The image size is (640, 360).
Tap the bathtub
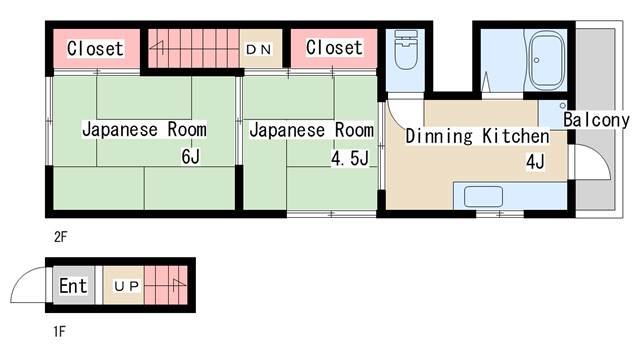point(546,60)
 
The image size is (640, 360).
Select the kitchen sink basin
point(483,196)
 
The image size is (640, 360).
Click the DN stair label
point(259,49)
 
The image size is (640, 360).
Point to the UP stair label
point(127,287)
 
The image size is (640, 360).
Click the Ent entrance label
point(73,285)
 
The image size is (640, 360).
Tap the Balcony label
point(596,120)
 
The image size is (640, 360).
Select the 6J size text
point(191,156)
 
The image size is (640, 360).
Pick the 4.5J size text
point(350,158)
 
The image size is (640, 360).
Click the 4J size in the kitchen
point(535,162)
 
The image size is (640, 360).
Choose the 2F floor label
point(60,237)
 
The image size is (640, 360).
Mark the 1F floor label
point(60,331)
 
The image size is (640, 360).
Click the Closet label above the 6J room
point(95,49)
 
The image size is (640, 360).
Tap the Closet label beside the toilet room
point(334,47)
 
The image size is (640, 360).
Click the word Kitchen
point(516,136)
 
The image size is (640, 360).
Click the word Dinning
point(439,136)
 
